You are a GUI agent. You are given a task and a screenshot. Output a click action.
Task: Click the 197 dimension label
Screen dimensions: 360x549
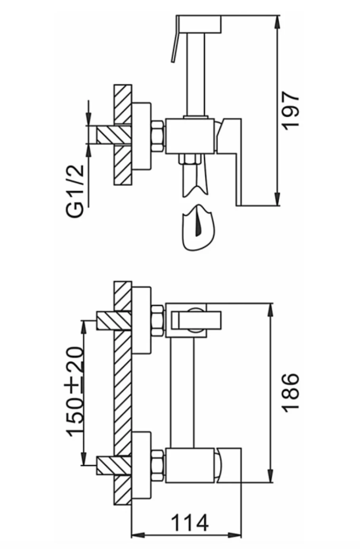[x=291, y=109]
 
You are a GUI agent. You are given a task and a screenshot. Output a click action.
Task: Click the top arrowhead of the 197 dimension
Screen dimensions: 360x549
[x=277, y=23]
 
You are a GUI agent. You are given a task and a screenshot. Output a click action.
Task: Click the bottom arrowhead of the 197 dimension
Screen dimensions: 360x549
[x=277, y=198]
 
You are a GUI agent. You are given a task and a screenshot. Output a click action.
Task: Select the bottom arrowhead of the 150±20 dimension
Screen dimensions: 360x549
[x=84, y=457]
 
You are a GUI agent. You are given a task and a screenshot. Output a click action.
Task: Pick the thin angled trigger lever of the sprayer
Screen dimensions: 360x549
[x=175, y=39]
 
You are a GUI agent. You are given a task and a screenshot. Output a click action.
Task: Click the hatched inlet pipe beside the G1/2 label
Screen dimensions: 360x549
[x=114, y=134]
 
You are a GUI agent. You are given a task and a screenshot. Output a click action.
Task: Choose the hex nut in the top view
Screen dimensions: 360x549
[x=157, y=136]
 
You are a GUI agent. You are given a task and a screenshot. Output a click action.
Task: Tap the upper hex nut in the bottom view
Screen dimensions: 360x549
[x=157, y=321]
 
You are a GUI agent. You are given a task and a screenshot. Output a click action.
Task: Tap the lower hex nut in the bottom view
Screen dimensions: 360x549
[x=157, y=466]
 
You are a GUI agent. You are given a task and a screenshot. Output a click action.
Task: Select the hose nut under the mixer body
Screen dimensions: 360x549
[x=190, y=159]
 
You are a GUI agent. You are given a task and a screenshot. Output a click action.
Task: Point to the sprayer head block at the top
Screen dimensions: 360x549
[x=199, y=24]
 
